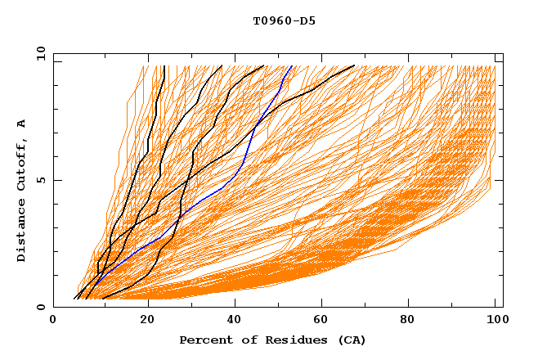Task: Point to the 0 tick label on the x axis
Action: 53,321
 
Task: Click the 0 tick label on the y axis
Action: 40,307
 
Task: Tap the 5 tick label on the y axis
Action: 40,180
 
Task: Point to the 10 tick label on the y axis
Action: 38,53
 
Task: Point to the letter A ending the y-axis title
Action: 21,124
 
